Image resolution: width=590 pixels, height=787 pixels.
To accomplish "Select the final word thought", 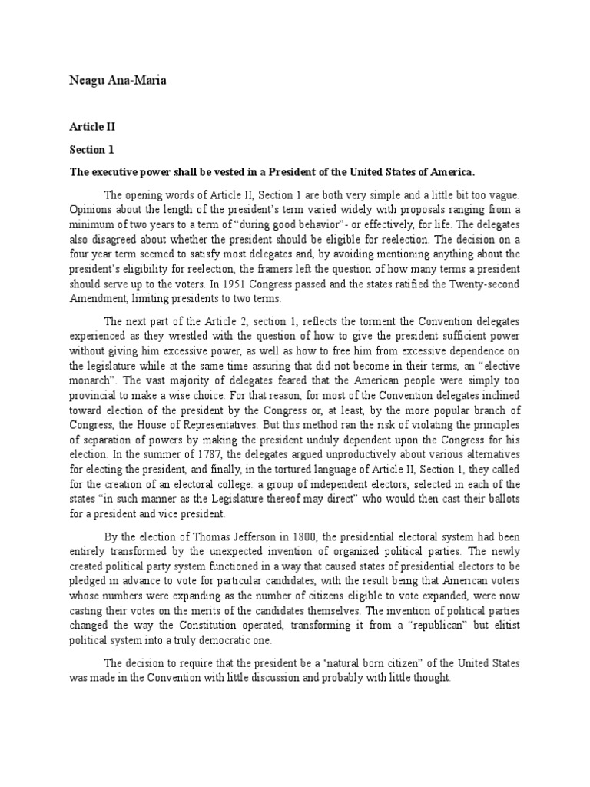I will pyautogui.click(x=429, y=679).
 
